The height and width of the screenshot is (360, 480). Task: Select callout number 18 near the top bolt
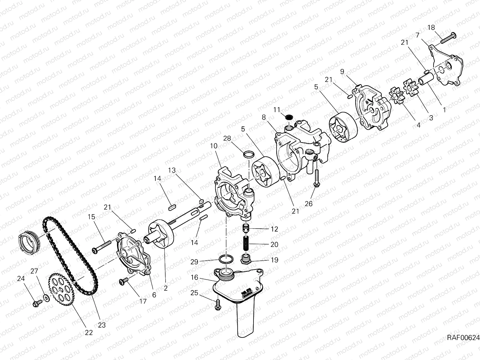pyautogui.click(x=431, y=28)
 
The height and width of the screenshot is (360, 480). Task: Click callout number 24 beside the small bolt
pyautogui.click(x=21, y=278)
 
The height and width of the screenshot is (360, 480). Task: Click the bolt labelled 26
pyautogui.click(x=316, y=178)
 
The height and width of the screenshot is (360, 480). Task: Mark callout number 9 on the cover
pyautogui.click(x=342, y=72)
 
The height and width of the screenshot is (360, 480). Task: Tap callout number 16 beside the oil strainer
pyautogui.click(x=194, y=277)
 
